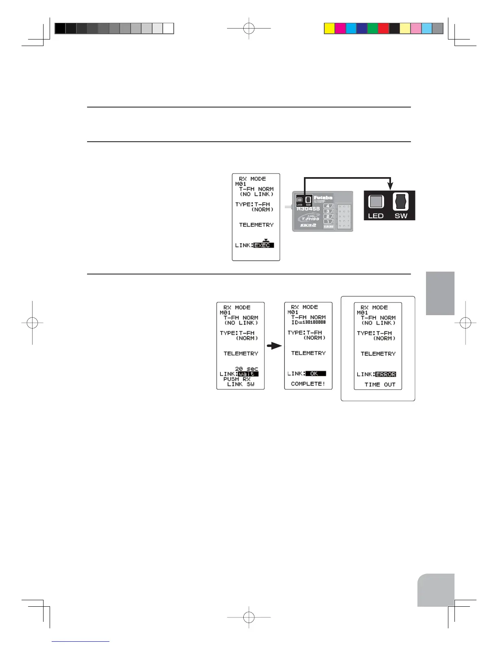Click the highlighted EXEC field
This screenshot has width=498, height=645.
[263, 245]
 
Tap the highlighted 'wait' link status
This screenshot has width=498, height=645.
[248, 374]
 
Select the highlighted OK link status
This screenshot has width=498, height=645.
[315, 373]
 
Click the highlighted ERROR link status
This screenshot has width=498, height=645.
[385, 374]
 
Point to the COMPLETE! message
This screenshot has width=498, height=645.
[308, 384]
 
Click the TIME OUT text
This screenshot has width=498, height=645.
[380, 384]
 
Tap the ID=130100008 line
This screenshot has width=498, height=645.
[308, 322]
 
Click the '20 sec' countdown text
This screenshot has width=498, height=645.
[246, 369]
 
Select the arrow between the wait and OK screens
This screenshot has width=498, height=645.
[274, 346]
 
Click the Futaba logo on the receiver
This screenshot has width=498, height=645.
[323, 198]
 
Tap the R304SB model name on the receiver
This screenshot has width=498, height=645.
[308, 208]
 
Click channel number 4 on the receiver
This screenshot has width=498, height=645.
[328, 206]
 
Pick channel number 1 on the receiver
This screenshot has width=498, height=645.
[328, 222]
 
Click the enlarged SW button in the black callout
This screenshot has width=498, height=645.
[401, 202]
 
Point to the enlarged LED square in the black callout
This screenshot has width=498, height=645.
[376, 202]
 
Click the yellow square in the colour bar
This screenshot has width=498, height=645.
[329, 29]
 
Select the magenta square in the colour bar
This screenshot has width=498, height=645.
[340, 29]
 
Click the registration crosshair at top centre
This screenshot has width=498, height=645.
[249, 29]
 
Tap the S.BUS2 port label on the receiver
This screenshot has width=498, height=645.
[328, 226]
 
